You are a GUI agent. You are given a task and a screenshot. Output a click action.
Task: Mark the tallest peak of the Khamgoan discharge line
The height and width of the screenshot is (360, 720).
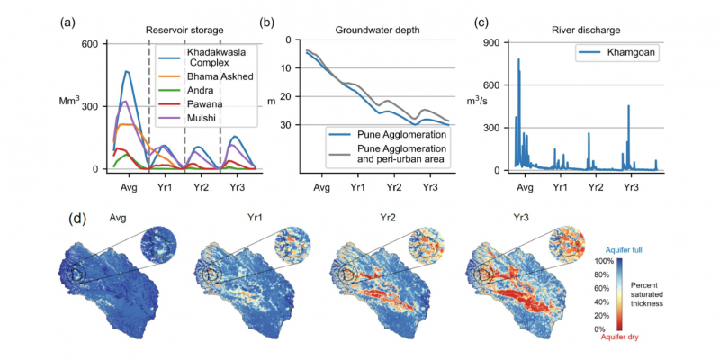(518, 59)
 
